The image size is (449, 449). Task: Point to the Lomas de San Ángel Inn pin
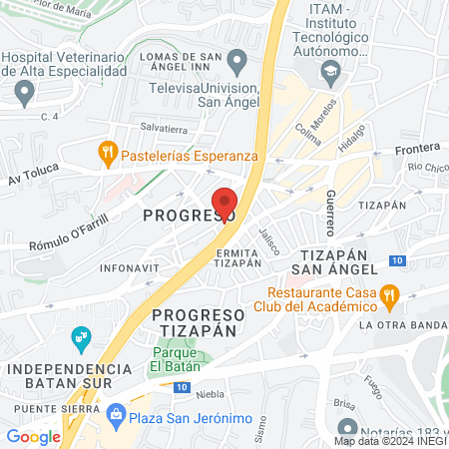tap(236, 64)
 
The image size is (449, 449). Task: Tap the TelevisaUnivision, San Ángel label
tap(204, 94)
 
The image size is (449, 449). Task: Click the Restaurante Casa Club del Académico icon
tap(391, 295)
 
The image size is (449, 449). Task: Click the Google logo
tap(34, 435)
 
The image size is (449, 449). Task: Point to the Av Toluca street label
tap(28, 180)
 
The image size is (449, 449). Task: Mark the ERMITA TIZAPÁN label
tap(238, 258)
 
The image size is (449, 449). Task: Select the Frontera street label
tap(416, 150)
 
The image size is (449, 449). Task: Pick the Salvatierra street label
tap(165, 128)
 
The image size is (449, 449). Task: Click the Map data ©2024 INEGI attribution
tap(390, 440)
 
